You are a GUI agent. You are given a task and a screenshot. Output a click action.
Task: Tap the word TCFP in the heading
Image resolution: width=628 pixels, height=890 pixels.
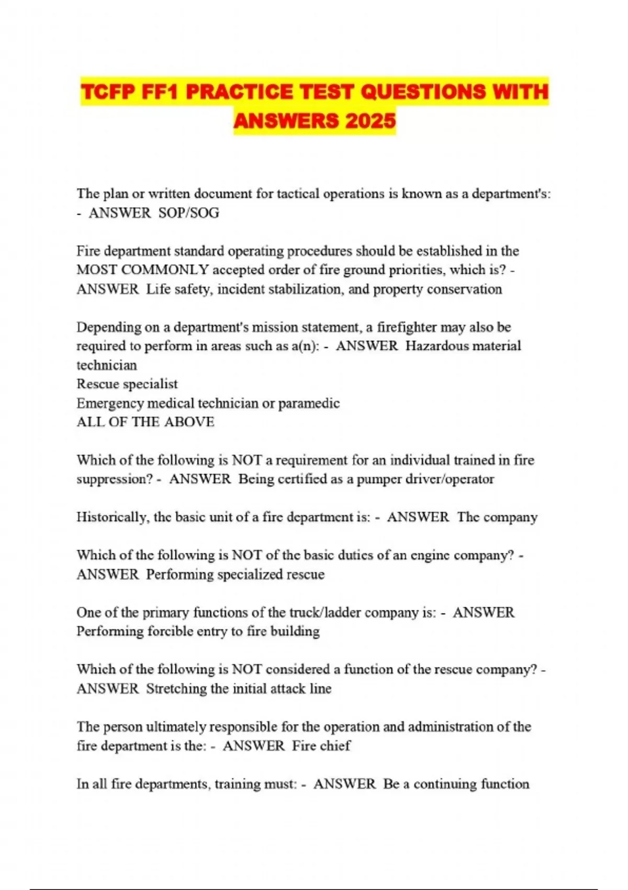pyautogui.click(x=106, y=93)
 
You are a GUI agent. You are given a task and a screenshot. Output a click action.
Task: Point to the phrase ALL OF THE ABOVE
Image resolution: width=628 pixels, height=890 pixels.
pyautogui.click(x=145, y=422)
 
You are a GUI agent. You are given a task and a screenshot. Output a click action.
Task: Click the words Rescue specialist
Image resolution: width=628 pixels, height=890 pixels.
pyautogui.click(x=127, y=384)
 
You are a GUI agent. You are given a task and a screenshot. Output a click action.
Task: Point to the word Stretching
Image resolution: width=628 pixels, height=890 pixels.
pyautogui.click(x=176, y=688)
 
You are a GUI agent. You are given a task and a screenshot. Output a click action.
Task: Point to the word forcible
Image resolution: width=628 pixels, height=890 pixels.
pyautogui.click(x=172, y=631)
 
